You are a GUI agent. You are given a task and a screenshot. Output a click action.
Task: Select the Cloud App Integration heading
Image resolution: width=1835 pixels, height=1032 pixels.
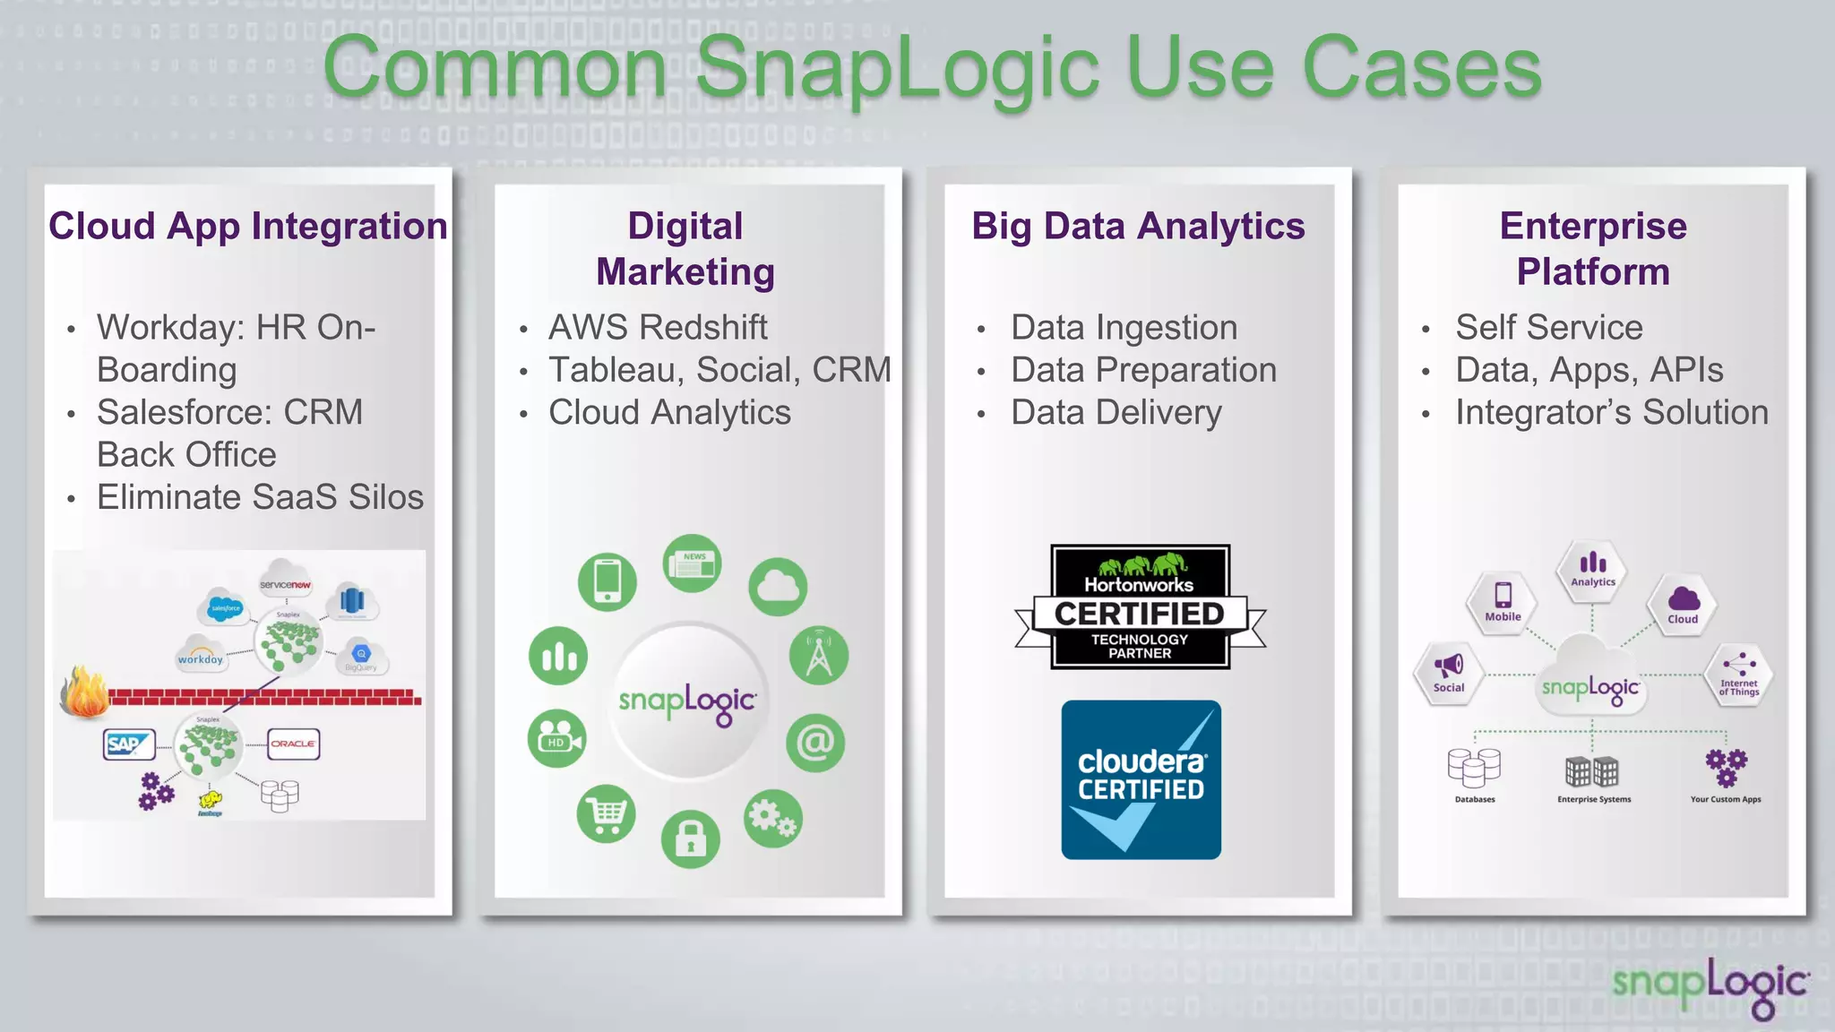(247, 226)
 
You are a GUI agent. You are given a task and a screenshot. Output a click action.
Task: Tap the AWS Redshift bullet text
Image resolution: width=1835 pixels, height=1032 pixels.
(658, 327)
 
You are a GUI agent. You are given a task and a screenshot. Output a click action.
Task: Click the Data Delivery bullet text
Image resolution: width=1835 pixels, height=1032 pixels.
(1116, 412)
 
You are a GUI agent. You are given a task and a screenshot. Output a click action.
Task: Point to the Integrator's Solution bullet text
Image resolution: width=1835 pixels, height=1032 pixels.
(1611, 412)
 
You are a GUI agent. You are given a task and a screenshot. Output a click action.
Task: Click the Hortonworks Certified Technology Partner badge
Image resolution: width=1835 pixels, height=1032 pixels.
(1140, 607)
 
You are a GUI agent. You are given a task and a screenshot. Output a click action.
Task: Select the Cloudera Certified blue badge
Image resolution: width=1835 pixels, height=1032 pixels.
(1141, 779)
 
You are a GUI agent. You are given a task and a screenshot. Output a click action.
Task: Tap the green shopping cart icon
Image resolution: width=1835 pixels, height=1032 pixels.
(607, 814)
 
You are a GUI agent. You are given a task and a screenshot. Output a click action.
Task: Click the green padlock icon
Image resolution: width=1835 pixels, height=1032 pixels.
(690, 839)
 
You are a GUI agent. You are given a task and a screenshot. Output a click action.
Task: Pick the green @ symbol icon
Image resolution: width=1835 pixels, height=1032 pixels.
(815, 743)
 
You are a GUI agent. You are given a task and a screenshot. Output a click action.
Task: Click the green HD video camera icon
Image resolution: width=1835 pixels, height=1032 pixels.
(557, 740)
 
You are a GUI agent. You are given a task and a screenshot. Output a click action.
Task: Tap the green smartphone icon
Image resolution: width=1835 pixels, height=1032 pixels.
(607, 581)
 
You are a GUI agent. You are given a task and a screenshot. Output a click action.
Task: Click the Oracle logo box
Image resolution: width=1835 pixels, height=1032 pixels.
(293, 744)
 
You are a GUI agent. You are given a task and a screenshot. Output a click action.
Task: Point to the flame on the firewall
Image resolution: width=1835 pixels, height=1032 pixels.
(85, 692)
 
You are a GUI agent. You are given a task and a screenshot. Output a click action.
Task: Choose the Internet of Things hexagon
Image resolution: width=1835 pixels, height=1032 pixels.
(1738, 674)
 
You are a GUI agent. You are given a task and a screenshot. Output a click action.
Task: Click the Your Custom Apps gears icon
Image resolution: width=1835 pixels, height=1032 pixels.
(1726, 768)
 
